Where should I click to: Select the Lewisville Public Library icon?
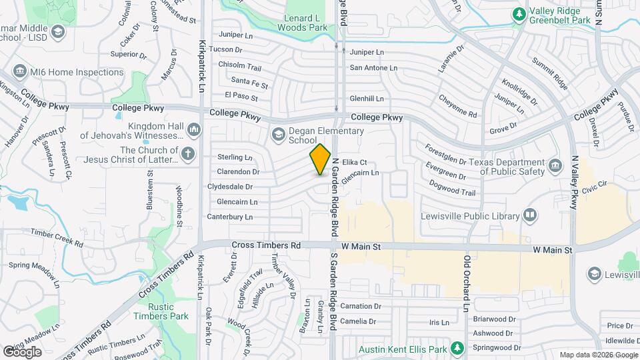pos(530,215)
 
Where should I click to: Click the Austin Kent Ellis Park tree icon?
pos(457,348)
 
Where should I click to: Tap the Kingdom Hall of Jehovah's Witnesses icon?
pos(193,128)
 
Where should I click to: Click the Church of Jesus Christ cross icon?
pos(189,155)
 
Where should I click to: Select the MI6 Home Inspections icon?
pos(19,72)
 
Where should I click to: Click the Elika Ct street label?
pos(355,162)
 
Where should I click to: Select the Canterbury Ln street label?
pos(230,217)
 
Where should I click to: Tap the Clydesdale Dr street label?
pos(230,187)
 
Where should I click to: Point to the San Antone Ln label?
pos(373,67)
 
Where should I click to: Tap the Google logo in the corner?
pos(22,351)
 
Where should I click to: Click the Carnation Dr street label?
pos(360,307)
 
